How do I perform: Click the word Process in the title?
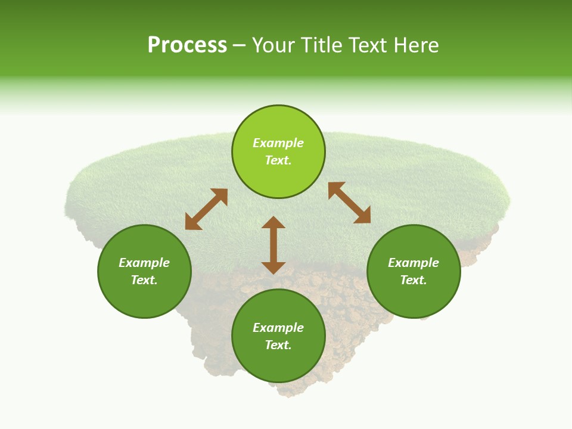[x=187, y=45]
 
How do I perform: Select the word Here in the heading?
[x=415, y=45]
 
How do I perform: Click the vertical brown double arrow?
[x=273, y=245]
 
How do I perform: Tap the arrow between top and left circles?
[x=206, y=209]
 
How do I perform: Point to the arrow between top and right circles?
[x=349, y=203]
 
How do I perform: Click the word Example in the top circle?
[x=278, y=143]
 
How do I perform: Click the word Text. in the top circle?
[x=278, y=160]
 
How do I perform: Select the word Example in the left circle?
[x=144, y=263]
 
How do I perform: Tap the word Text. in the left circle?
[x=144, y=280]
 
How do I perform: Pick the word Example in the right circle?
[x=414, y=263]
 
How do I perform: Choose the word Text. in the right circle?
[x=414, y=280]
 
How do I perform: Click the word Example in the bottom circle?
[x=278, y=328]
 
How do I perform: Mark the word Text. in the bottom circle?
[x=278, y=345]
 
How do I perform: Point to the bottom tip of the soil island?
[x=285, y=395]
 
